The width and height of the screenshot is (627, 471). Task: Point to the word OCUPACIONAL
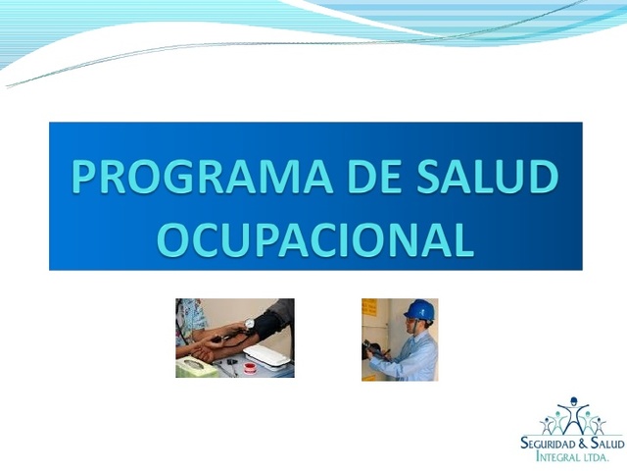315,238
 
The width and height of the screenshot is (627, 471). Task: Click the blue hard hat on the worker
418,310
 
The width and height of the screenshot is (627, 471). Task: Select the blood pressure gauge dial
250,323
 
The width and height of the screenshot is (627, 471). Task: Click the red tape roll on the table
249,367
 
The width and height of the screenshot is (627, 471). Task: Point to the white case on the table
265,354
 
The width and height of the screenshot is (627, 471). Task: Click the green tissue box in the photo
193,367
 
